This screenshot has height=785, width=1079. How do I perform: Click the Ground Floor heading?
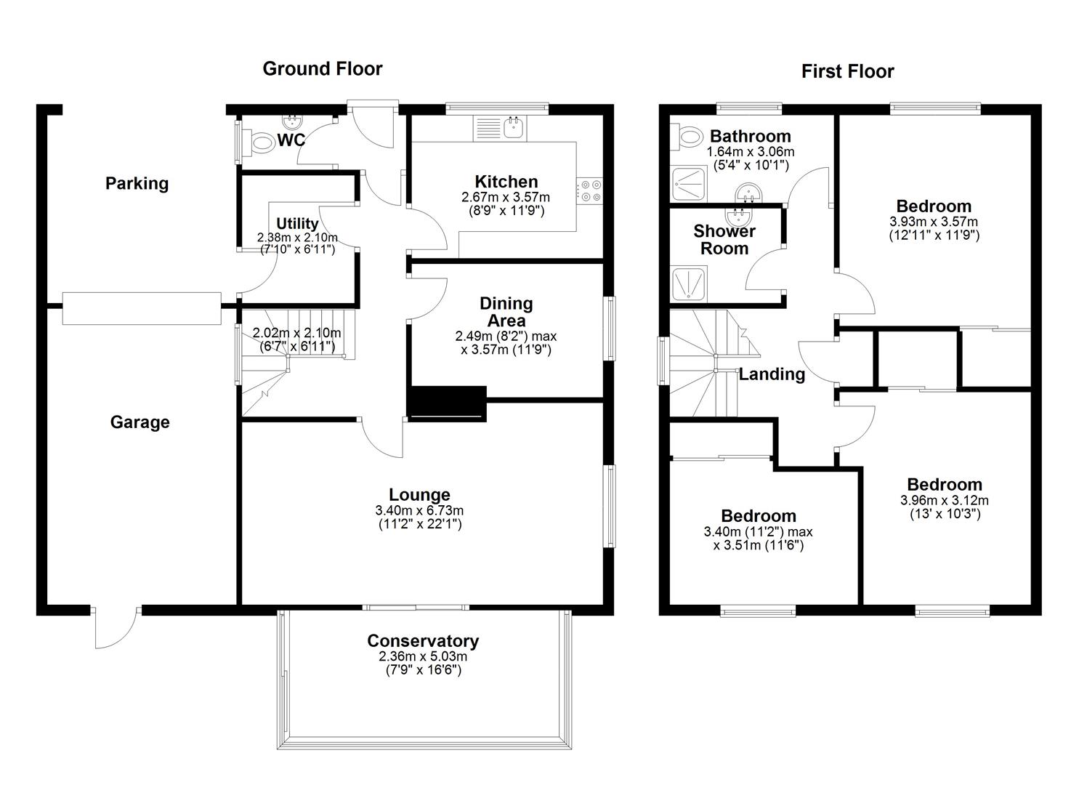[x=322, y=69]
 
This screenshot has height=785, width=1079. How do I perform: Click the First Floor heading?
[x=847, y=71]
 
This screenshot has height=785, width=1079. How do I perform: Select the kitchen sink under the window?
[x=514, y=128]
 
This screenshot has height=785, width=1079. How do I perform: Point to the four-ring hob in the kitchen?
[x=589, y=191]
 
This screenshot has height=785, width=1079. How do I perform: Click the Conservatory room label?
[x=422, y=641]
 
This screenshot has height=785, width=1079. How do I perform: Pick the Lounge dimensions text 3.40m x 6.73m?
[x=419, y=510]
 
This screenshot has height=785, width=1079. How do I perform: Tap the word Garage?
[x=140, y=422]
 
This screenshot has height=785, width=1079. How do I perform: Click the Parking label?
[x=137, y=183]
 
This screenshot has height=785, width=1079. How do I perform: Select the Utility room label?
[x=297, y=223]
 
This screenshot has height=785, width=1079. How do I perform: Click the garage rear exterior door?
[x=116, y=627]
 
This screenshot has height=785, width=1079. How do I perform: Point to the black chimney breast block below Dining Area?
[x=447, y=403]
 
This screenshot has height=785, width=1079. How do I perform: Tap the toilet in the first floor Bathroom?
[x=687, y=136]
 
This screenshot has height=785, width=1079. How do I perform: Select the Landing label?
[x=772, y=374]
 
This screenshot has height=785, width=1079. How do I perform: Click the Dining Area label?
[x=506, y=312]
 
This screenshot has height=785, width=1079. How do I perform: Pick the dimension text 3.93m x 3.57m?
[x=933, y=222]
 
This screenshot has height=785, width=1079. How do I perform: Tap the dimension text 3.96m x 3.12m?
[x=944, y=500]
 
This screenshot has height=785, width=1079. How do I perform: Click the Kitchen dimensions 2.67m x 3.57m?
[x=505, y=197]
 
